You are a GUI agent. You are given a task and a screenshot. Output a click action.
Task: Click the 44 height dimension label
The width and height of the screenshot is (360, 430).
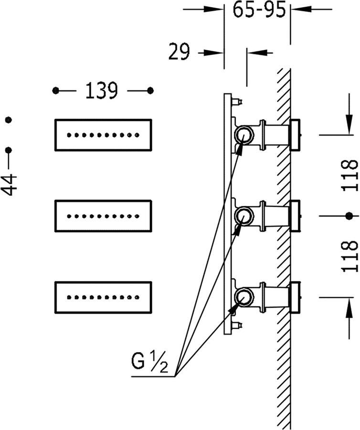click(x=9, y=184)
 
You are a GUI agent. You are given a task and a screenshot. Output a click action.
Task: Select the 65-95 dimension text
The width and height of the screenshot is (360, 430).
click(x=259, y=9)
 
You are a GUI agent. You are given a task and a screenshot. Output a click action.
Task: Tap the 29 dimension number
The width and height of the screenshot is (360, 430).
click(x=179, y=52)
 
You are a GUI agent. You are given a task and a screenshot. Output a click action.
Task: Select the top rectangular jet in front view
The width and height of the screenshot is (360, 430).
click(x=103, y=135)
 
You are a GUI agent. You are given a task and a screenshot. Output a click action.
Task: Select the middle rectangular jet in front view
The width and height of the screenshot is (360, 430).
click(x=103, y=216)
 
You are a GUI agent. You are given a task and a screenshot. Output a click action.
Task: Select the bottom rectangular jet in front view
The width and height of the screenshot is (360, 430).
click(x=103, y=297)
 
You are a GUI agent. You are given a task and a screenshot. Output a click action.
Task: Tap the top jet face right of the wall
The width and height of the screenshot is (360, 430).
click(x=296, y=135)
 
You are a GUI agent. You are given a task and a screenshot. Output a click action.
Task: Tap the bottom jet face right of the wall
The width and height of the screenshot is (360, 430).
click(x=296, y=297)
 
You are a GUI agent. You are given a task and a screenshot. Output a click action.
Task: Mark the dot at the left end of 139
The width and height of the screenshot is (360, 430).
click(x=56, y=90)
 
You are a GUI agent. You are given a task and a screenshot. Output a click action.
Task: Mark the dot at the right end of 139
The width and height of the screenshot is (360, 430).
click(x=150, y=90)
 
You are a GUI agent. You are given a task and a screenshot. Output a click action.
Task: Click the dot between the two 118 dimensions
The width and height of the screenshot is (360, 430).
click(x=349, y=216)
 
